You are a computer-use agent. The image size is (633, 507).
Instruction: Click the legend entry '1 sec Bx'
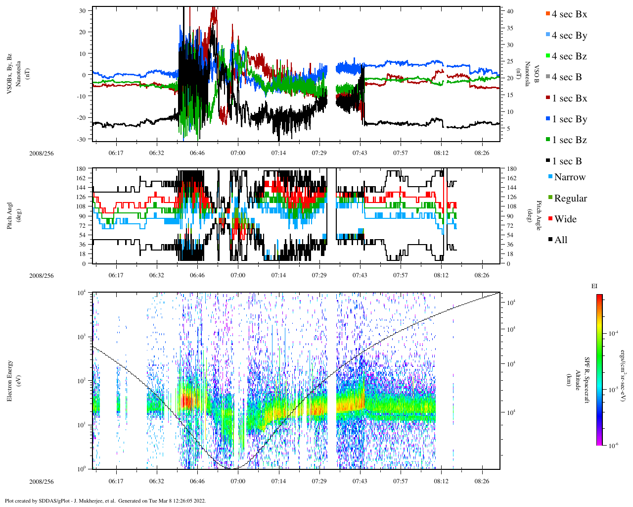click(569, 98)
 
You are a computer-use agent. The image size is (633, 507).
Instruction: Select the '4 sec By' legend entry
click(569, 35)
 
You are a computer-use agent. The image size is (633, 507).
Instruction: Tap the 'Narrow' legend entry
click(570, 177)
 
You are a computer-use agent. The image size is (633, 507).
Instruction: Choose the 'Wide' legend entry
click(565, 219)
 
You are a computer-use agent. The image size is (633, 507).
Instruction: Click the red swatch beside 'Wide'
click(550, 219)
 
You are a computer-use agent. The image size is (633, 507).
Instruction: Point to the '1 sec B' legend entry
click(567, 161)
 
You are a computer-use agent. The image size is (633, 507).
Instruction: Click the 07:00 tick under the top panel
click(238, 153)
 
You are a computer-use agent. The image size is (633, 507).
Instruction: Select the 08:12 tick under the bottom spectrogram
click(441, 481)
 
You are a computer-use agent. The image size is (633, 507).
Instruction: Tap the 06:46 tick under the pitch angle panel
click(197, 275)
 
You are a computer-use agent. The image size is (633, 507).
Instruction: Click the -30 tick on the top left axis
click(81, 139)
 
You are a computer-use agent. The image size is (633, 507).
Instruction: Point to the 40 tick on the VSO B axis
click(510, 11)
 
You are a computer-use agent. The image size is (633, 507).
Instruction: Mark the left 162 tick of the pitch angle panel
click(81, 178)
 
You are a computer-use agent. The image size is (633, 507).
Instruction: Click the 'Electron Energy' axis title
click(9, 380)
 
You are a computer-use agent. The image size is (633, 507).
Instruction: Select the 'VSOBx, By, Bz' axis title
click(9, 74)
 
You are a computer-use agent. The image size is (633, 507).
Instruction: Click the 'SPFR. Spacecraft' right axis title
click(587, 380)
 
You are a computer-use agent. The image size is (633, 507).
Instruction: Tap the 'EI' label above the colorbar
click(594, 286)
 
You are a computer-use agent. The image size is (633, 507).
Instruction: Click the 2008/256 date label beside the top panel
click(42, 153)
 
